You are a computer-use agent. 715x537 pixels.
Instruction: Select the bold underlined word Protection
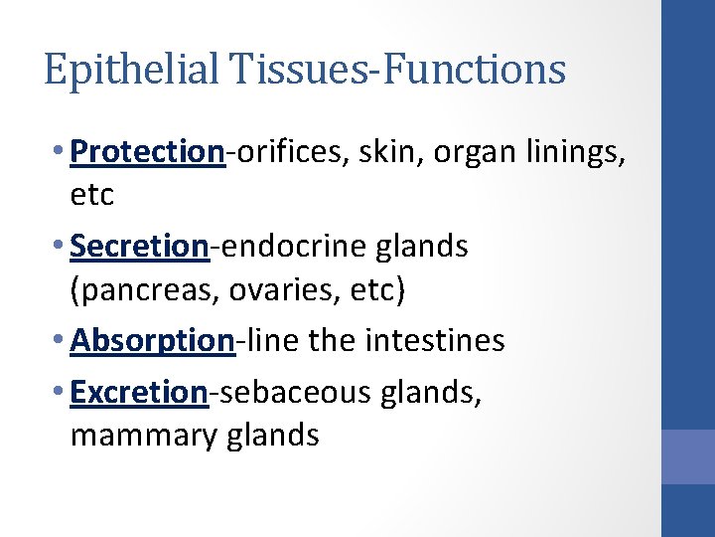point(148,151)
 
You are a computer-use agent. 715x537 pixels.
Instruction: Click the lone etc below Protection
point(92,195)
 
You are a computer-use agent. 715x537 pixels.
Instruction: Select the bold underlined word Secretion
point(140,247)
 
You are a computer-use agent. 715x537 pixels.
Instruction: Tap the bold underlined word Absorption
point(152,341)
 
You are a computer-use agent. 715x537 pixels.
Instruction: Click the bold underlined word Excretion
point(140,392)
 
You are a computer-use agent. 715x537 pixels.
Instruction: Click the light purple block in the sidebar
point(688,457)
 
